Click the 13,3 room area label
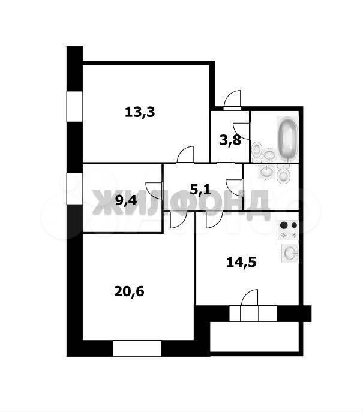(x=140, y=112)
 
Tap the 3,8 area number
(x=230, y=140)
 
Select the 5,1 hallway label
(x=200, y=189)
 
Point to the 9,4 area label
(x=126, y=201)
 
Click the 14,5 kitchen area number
(x=241, y=262)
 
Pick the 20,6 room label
(x=129, y=291)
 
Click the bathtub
(x=288, y=139)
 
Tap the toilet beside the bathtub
(x=256, y=151)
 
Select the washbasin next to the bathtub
(x=269, y=155)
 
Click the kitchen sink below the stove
(x=290, y=253)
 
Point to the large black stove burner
(x=284, y=225)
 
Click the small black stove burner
(x=294, y=225)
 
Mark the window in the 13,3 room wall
(x=74, y=106)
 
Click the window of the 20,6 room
(x=137, y=348)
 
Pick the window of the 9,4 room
(x=74, y=189)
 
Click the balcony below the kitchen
(x=254, y=337)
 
